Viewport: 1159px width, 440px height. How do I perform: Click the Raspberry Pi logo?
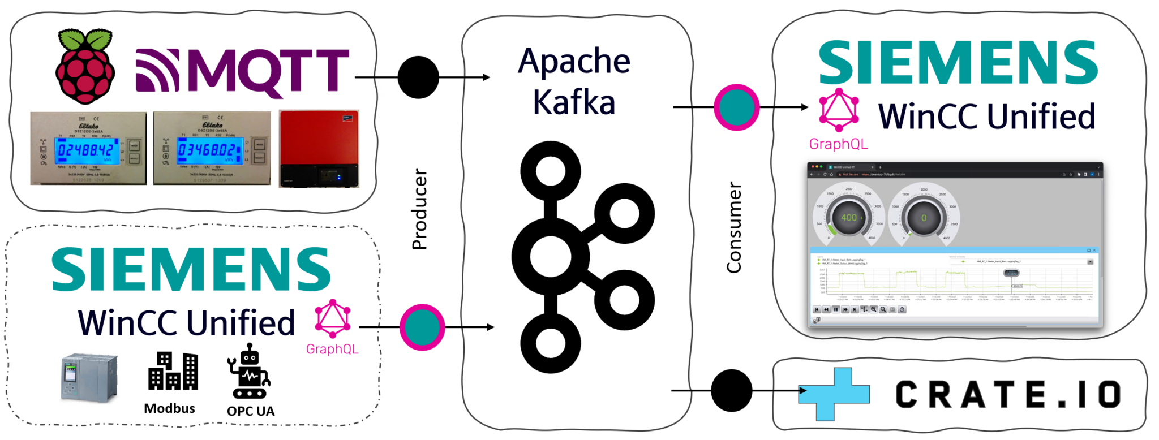(x=85, y=67)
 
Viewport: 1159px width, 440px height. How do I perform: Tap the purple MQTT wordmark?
(x=242, y=70)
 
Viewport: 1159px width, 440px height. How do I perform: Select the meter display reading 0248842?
(x=85, y=150)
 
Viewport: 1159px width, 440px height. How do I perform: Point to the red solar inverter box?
(x=319, y=148)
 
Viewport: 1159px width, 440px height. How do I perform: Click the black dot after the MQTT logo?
(x=418, y=77)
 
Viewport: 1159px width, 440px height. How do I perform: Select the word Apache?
(x=574, y=61)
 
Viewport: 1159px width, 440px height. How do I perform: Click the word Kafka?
(x=574, y=102)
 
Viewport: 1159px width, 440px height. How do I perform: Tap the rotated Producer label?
(x=419, y=209)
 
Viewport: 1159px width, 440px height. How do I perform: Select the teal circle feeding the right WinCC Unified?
(x=736, y=107)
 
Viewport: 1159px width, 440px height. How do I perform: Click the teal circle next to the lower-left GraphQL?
(x=422, y=327)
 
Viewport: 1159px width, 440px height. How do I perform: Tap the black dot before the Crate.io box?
(x=731, y=391)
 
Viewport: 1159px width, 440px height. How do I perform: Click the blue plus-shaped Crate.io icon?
(x=834, y=394)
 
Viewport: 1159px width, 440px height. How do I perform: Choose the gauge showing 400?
(x=848, y=217)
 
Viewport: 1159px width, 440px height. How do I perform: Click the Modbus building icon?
(x=173, y=372)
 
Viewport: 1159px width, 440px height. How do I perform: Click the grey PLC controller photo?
(x=89, y=378)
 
